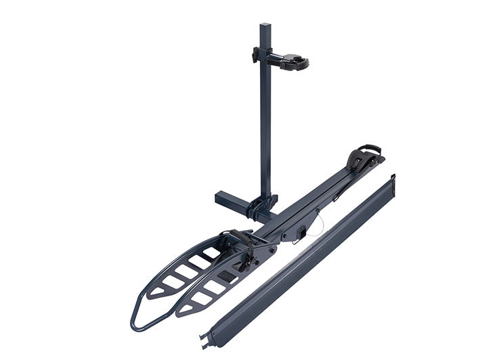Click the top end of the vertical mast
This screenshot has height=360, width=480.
pyautogui.click(x=265, y=28)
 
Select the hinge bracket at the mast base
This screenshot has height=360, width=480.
pyautogui.click(x=262, y=204)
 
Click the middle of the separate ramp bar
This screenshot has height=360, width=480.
pyautogui.click(x=298, y=261)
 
